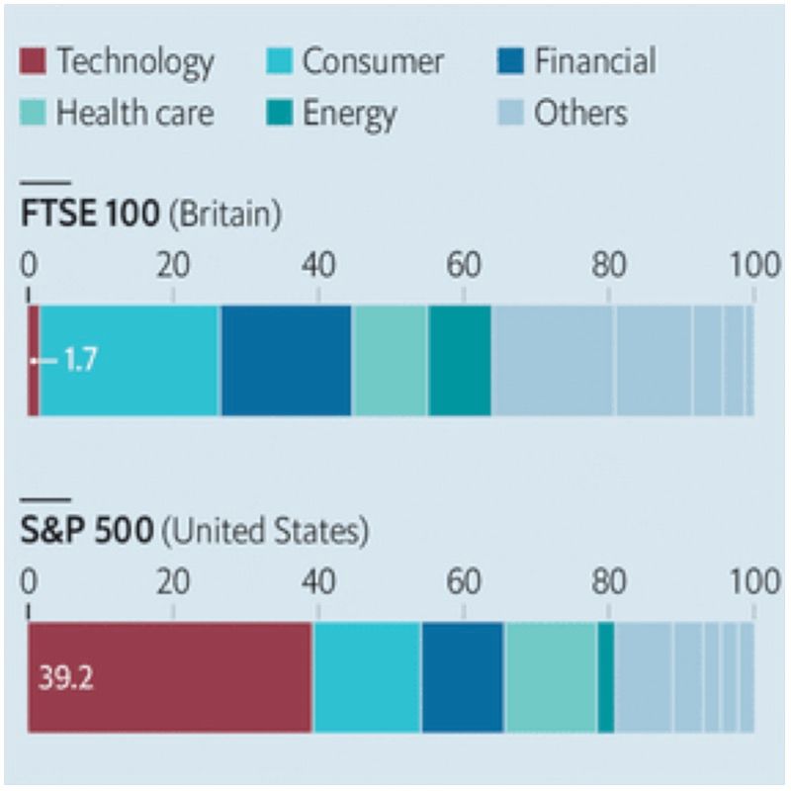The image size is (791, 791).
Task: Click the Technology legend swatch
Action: coord(35,62)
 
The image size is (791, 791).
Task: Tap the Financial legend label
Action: coord(594,62)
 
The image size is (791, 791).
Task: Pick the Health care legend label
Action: coord(134,113)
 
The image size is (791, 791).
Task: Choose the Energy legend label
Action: coord(349,113)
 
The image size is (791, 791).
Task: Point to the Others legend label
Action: coord(580,113)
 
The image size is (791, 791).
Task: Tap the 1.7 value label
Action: coord(80,360)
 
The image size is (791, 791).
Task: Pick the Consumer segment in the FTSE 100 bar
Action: coord(130,360)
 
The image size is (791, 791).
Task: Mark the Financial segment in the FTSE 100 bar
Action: coord(286,360)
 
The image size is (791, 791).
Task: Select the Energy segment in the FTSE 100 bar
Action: coord(460,360)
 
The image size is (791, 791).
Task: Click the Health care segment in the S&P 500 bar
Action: coord(551,678)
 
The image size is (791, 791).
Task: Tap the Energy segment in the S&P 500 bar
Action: coord(606,678)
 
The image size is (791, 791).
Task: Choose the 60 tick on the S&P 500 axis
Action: coord(464,582)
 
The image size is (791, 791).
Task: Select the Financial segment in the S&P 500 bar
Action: coord(463,678)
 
